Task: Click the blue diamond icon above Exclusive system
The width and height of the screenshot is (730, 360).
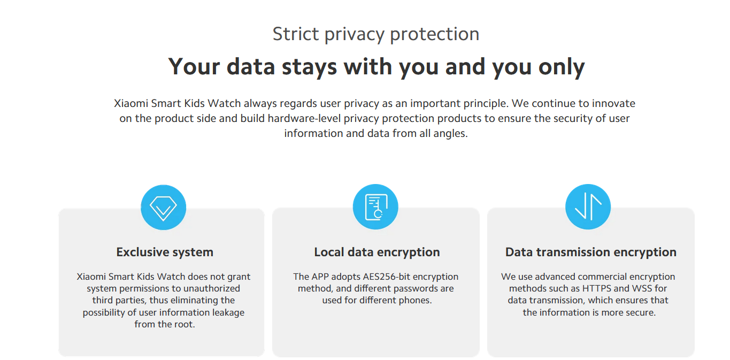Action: (x=163, y=208)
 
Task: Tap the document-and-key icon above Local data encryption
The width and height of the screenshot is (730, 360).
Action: (x=375, y=206)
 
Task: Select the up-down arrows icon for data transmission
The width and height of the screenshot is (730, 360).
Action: (x=588, y=206)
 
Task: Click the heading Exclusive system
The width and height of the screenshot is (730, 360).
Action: (x=165, y=252)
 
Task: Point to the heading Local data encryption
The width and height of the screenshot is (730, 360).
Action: (x=376, y=252)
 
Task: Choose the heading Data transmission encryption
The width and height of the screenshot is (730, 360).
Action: (x=591, y=252)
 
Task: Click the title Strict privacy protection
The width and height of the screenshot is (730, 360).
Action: (x=376, y=34)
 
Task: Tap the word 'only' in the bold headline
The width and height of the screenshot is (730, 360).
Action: (x=562, y=67)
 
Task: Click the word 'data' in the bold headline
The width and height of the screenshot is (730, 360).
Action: (x=251, y=66)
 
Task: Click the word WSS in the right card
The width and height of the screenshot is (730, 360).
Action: (x=642, y=288)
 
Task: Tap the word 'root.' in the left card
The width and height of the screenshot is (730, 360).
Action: (x=183, y=325)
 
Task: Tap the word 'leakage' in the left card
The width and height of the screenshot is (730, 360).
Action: (x=228, y=313)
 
